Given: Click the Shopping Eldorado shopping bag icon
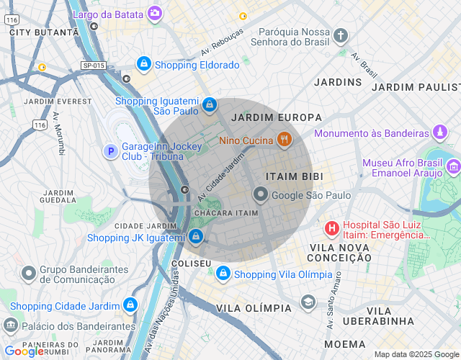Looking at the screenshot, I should point(144,65).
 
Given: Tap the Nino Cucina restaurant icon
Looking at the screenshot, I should point(285,140).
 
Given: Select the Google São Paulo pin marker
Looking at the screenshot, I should point(260,195).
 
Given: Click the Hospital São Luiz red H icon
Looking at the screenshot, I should point(331,230).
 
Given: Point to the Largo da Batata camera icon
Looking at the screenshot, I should point(155,13).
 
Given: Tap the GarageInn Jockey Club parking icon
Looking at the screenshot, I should point(110,151).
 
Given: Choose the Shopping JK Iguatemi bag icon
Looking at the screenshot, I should point(196,237).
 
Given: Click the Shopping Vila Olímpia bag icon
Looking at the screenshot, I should point(223,274).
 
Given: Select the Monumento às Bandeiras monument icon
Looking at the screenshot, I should point(440,133).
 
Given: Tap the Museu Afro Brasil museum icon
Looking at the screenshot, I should point(453,168).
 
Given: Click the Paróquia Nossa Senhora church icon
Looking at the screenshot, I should point(341,36).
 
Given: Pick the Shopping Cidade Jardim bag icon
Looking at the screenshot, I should point(130,306).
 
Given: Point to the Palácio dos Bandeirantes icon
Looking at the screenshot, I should point(10,325).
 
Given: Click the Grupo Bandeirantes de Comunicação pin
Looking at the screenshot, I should point(29,274).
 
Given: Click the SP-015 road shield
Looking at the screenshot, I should point(94,66).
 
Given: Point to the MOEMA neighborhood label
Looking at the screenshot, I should point(344,344).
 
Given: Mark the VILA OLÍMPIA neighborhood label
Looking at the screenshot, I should point(254,308).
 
